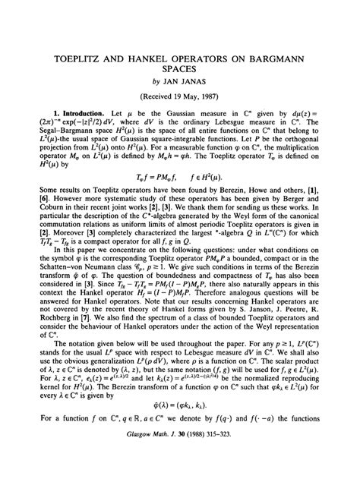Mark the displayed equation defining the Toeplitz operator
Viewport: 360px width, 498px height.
(x=179, y=199)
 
